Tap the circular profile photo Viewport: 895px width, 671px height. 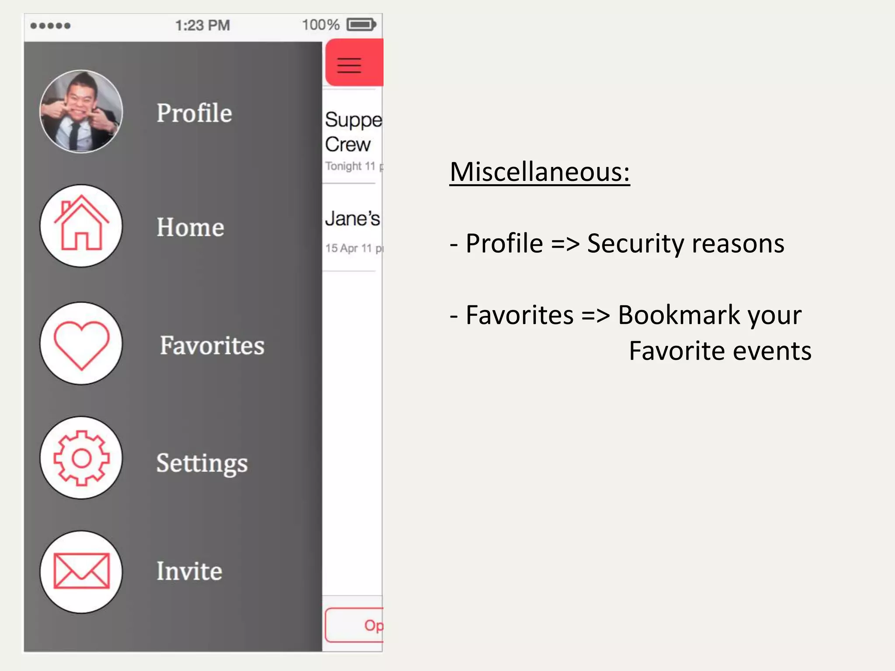pos(81,111)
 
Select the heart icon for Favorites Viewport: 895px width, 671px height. pos(81,344)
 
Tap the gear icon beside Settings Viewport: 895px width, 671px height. pos(81,458)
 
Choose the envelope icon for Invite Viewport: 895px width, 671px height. pos(81,571)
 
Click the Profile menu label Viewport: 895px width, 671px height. pos(194,113)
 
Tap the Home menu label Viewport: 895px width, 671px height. pos(190,227)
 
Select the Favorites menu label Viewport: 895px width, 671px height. pos(212,346)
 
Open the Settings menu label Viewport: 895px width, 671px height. pos(202,463)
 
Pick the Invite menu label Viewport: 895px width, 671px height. pos(189,571)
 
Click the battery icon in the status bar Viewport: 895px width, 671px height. pos(361,24)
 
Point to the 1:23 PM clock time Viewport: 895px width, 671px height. pos(202,25)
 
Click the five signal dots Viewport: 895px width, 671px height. pos(50,26)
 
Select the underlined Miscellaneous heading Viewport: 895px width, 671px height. pos(540,172)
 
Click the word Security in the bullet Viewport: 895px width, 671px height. pos(635,243)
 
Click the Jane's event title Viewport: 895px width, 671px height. pos(352,218)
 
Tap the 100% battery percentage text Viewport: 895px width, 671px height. pos(320,24)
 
